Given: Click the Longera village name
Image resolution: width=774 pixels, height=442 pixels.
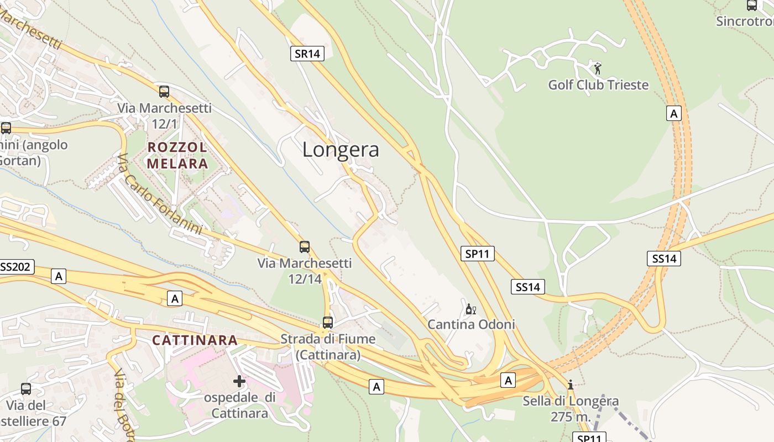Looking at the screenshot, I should coord(341,150).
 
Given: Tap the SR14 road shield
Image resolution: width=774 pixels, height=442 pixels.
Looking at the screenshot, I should coord(307,54).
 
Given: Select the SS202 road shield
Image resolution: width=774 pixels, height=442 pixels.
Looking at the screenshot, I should coord(15,267).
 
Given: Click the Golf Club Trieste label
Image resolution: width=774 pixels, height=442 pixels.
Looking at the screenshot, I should coord(598,85).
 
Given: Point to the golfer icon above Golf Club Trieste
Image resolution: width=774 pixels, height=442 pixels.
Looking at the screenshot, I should coord(597,69).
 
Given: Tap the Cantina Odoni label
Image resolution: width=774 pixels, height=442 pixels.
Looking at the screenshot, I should coord(471,324).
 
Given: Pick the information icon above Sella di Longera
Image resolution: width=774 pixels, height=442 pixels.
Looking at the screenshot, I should coord(571,385).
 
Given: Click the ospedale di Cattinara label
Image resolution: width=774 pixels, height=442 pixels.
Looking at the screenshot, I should coord(240,405).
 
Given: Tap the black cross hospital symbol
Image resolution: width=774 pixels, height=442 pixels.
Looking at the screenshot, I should coord(239,381).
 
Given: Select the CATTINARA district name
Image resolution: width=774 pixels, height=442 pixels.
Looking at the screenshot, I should coord(195,340).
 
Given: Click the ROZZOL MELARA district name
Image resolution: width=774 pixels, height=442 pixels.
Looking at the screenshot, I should coord(177,155).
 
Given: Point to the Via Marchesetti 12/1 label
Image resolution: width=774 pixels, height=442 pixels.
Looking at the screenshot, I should coord(164,115).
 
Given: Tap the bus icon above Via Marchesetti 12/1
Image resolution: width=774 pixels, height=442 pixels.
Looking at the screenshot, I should coord(164,92).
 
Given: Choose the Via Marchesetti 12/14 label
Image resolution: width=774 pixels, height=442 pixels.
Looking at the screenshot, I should coord(305,271).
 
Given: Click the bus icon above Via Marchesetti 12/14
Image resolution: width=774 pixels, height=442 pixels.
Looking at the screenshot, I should coord(305,247).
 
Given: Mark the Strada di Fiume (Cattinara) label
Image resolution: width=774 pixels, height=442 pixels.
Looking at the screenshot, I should coord(328,346).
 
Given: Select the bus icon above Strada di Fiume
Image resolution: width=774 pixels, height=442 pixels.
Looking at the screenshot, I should coord(328,322).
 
